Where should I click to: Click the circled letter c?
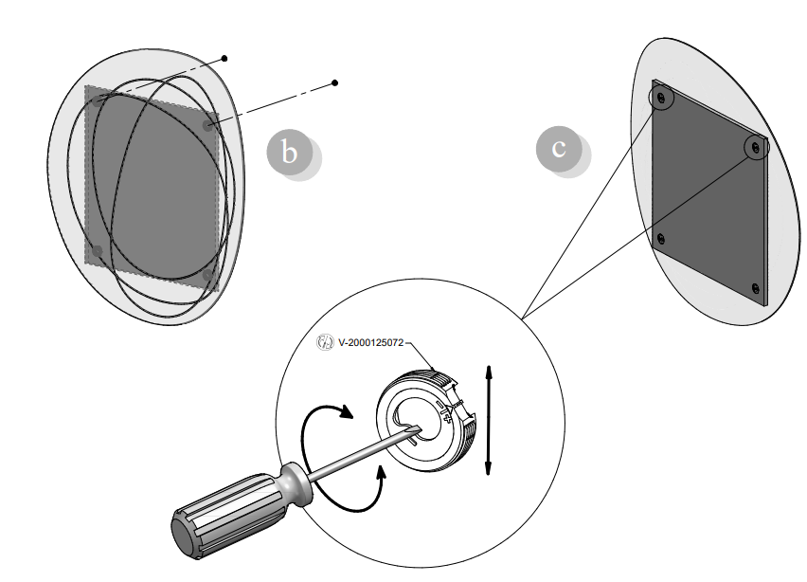(560, 149)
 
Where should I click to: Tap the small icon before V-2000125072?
(325, 343)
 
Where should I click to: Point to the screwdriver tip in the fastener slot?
(414, 428)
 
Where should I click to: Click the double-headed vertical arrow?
(488, 419)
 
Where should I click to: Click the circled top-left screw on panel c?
(661, 97)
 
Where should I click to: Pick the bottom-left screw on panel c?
(660, 238)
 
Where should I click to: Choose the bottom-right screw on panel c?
(755, 287)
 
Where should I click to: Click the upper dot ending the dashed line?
(224, 59)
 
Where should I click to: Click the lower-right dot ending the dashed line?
(335, 83)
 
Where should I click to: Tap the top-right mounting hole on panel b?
(208, 124)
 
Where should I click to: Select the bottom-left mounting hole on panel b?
(97, 250)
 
